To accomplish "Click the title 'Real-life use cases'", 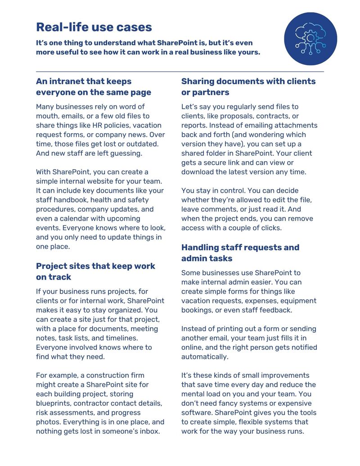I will coord(94,27).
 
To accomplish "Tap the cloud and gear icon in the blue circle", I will coord(310,39).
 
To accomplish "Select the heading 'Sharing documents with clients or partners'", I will coord(248,87).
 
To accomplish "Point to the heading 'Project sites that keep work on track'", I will coord(95,271).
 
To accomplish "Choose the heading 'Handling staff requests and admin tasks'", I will coord(240,253).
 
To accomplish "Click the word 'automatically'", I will coord(205,357).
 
